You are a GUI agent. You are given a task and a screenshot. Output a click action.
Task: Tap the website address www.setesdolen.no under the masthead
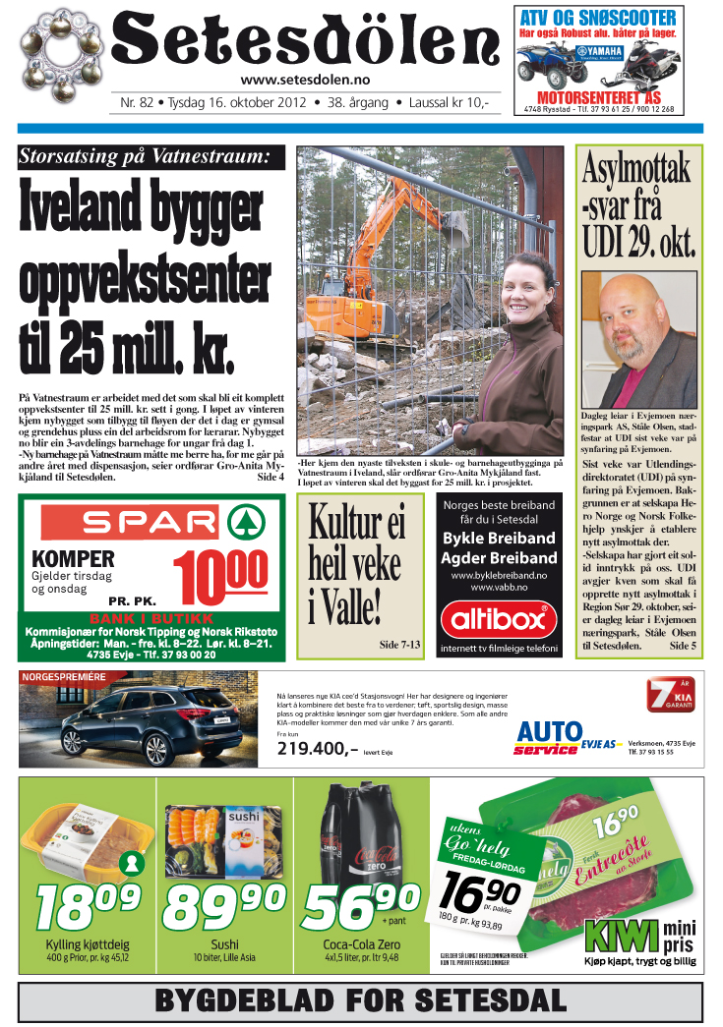tap(305, 82)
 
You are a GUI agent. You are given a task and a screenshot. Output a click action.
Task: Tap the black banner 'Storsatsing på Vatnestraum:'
tap(151, 157)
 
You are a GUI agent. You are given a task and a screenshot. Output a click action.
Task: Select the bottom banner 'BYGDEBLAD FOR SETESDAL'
tap(361, 1001)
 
